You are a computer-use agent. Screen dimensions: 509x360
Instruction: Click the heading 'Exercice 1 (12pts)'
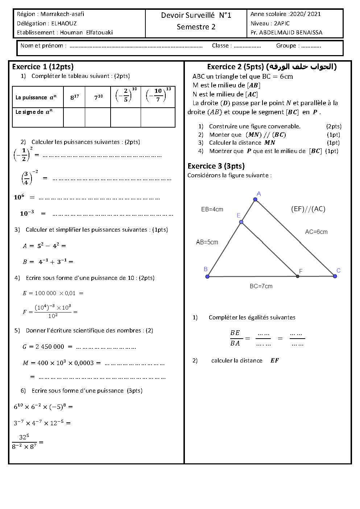(43, 67)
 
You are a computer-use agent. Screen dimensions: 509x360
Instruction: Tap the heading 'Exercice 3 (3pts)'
(216, 166)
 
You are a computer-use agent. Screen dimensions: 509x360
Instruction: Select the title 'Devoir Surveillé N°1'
(196, 15)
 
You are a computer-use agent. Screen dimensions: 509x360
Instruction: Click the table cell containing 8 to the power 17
(74, 97)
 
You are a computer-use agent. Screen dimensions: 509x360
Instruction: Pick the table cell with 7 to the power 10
(98, 97)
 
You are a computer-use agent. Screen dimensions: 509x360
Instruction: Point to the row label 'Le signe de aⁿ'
(34, 112)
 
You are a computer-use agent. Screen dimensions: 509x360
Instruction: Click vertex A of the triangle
(255, 199)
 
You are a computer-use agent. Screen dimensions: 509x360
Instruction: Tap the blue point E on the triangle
(241, 222)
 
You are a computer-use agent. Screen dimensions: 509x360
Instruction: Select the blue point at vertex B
(207, 277)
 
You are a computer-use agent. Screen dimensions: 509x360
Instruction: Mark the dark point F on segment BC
(298, 276)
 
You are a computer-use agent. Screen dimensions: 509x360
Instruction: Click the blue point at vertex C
(335, 276)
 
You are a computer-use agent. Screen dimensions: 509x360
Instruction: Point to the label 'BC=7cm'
(261, 286)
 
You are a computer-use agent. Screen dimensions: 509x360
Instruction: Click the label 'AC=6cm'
(316, 232)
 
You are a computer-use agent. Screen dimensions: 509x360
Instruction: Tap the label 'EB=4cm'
(212, 210)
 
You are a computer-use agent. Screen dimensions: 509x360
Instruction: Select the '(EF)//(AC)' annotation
(308, 209)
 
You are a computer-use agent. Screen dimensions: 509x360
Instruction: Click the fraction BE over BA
(235, 338)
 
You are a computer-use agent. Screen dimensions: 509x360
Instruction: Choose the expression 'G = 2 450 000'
(43, 347)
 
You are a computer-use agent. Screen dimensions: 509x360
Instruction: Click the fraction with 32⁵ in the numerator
(24, 442)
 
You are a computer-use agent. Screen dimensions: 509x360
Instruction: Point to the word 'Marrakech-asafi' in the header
(62, 14)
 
